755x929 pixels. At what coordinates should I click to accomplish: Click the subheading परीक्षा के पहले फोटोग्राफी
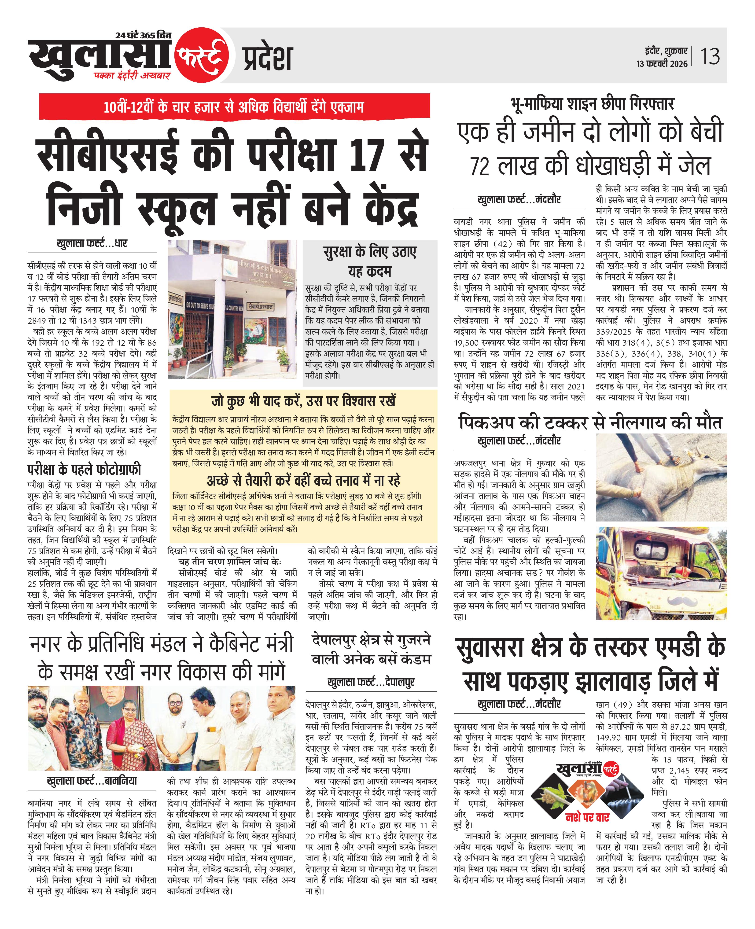click(x=84, y=469)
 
